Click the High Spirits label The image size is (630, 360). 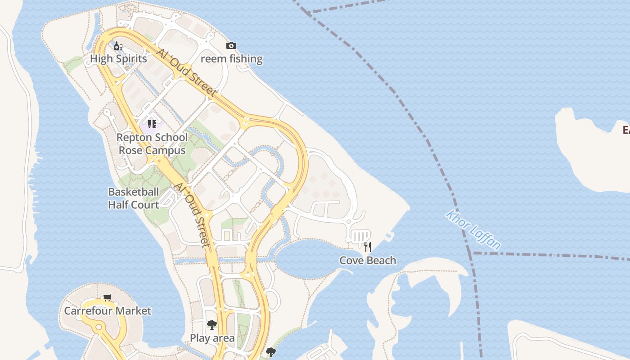(118, 59)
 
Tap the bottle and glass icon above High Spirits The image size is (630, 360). (118, 46)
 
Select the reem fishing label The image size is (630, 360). (231, 59)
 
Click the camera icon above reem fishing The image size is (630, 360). (231, 45)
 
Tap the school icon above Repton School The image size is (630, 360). (152, 124)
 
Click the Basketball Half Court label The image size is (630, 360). (134, 198)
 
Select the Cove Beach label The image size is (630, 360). (368, 261)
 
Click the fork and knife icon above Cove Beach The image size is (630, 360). (368, 247)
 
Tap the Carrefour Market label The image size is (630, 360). (108, 311)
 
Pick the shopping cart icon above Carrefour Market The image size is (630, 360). (108, 297)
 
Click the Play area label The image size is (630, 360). (212, 338)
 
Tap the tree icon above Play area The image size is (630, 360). (212, 324)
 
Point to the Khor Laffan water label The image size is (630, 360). (473, 229)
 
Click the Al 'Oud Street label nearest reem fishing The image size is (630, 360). (186, 72)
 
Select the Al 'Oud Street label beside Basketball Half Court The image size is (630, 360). (192, 215)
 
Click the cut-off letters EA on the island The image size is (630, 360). (625, 130)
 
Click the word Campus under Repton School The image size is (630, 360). (152, 150)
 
